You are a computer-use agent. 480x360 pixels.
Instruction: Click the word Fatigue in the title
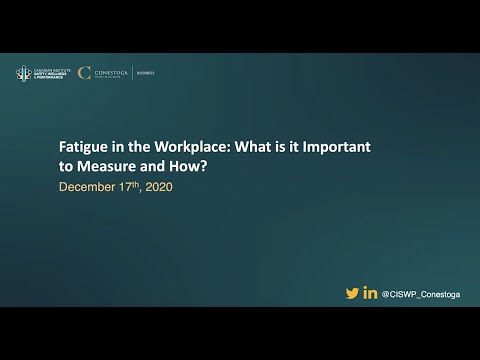pos(83,144)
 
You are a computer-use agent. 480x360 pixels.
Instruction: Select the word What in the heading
pos(256,144)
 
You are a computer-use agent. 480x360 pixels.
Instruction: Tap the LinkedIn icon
pos(371,293)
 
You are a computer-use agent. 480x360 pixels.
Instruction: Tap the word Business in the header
pos(174,73)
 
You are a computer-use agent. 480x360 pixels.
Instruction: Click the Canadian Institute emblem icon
pos(22,73)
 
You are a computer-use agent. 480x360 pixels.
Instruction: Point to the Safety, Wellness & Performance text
pos(49,75)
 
